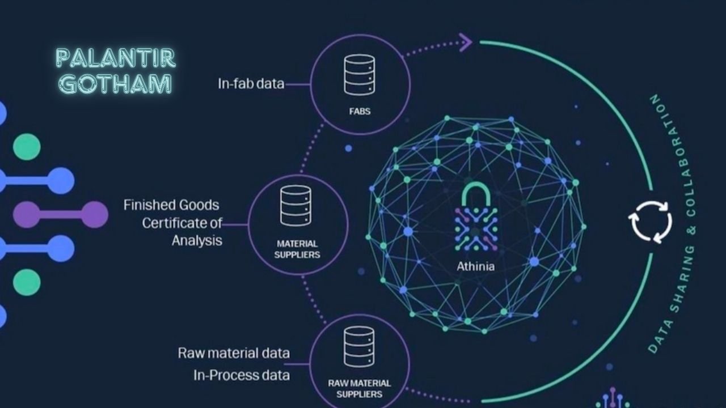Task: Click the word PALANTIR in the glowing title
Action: [x=116, y=58]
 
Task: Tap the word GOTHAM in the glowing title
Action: [x=116, y=84]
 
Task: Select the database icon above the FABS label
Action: [x=360, y=74]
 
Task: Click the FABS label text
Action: [x=360, y=111]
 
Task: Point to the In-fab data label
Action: [x=251, y=84]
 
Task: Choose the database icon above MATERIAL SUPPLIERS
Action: [x=296, y=206]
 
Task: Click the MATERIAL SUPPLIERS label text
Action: [x=297, y=249]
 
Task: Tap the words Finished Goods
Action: [x=171, y=205]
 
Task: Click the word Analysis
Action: [x=197, y=240]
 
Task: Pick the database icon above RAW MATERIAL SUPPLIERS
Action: [x=359, y=346]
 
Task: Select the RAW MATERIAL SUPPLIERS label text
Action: [x=359, y=388]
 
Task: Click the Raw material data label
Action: [x=234, y=353]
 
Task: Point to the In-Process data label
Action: [x=242, y=375]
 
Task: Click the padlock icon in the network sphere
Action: [x=476, y=219]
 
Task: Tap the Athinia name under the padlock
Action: [x=475, y=266]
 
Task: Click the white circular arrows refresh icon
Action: [x=651, y=222]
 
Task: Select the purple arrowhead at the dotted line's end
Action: [x=466, y=42]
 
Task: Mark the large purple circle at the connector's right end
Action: [x=94, y=215]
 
